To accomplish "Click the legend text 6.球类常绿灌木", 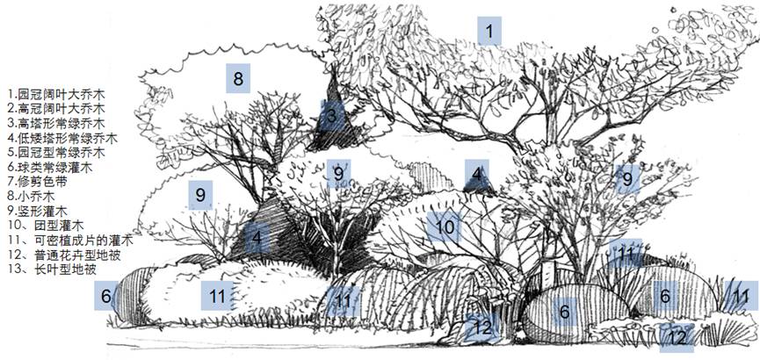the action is [50, 168].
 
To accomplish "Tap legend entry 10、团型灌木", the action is [47, 226].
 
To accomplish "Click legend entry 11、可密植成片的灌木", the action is [71, 240].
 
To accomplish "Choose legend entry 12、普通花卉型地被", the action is [64, 255].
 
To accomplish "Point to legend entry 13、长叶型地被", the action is [53, 270].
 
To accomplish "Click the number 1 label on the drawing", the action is [489, 31].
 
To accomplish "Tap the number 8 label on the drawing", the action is [238, 78].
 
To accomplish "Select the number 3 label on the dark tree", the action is [331, 115].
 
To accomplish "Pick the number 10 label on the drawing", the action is [444, 227].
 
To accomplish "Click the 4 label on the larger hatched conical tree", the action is [257, 237].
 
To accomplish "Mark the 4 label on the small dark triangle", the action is [477, 174].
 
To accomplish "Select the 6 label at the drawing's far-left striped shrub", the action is [106, 295].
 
